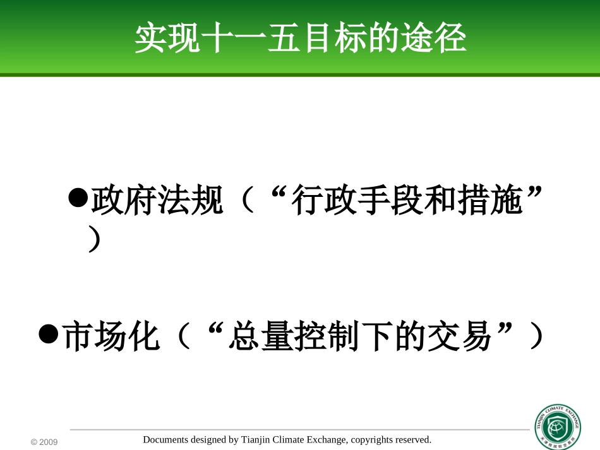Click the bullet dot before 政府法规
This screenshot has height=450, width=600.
pyautogui.click(x=78, y=198)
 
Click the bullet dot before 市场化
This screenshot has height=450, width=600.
pyautogui.click(x=49, y=333)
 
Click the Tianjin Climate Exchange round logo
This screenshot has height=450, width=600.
pyautogui.click(x=558, y=427)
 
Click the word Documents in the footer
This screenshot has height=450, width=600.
pyautogui.click(x=165, y=440)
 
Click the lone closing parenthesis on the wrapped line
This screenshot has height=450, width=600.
pyautogui.click(x=94, y=240)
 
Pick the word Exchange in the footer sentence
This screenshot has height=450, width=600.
pyautogui.click(x=327, y=440)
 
